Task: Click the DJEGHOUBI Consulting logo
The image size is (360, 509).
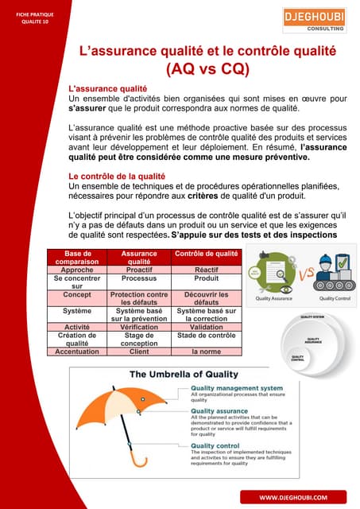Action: point(313,20)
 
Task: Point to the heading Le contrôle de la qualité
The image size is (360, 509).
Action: point(117,177)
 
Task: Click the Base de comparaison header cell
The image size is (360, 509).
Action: point(78,257)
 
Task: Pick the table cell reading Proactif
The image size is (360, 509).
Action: point(139,270)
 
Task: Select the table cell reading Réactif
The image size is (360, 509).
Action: point(206,270)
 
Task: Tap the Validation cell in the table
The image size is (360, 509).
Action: point(206,327)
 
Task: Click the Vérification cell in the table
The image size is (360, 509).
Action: point(139,327)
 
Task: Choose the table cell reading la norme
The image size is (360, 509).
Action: point(206,351)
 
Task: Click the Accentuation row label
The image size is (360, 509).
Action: point(78,351)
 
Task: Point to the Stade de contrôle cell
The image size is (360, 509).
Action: point(206,336)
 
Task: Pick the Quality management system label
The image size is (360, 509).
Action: point(236,388)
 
